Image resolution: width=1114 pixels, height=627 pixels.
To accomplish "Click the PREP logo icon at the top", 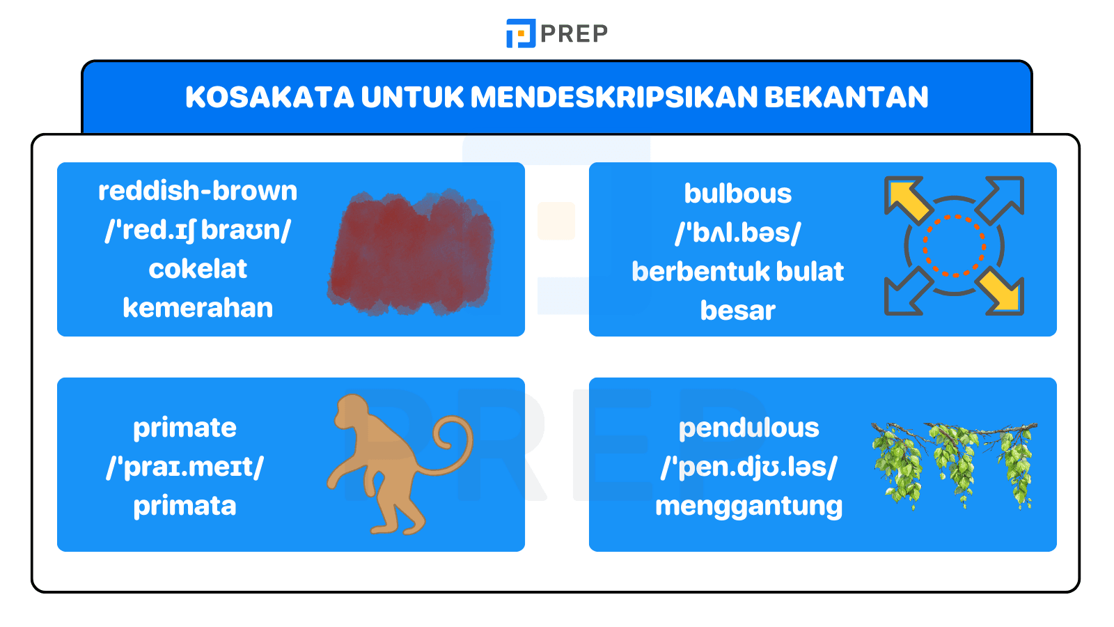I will point(520,33).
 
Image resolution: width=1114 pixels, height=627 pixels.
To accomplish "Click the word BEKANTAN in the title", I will point(846,97).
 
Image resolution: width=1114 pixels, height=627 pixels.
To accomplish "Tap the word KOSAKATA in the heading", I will point(269,97).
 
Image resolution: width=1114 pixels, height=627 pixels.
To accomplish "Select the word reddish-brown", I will point(198,191).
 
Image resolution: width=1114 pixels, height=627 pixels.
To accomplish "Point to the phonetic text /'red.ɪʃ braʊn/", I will point(198,230).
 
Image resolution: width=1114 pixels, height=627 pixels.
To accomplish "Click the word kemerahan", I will point(198,308).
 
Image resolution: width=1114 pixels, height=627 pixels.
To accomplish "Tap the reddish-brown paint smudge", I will point(411,252).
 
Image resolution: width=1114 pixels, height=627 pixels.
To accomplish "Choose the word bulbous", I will point(737,194).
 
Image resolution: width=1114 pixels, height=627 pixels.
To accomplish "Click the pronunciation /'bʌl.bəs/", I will point(737,233).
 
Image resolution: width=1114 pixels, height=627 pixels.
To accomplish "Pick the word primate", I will point(185,428).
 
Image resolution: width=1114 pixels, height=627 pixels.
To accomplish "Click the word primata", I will point(185,506).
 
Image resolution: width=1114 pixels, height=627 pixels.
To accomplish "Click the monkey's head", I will point(352,412).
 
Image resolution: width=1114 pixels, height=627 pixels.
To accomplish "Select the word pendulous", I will point(748,428).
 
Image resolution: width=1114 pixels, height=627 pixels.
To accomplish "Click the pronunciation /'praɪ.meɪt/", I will point(185,467).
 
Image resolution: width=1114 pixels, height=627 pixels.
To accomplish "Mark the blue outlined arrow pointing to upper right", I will point(1002,198).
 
